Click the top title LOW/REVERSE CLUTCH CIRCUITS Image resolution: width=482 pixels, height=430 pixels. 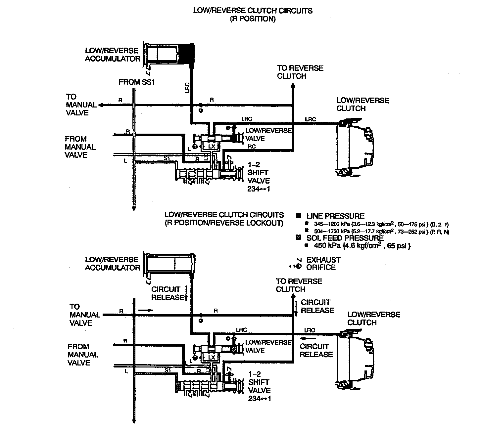[x=253, y=11]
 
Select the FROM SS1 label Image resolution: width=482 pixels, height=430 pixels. [x=137, y=82]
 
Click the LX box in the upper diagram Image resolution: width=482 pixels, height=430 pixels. [x=212, y=146]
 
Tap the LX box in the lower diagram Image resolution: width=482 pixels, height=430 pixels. [x=212, y=358]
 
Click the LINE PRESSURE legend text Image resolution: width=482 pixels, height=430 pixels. [x=335, y=216]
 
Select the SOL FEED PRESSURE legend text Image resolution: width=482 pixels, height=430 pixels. [x=345, y=238]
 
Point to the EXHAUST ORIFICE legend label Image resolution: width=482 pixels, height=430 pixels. [x=323, y=263]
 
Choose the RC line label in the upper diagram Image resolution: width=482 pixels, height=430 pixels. [x=252, y=147]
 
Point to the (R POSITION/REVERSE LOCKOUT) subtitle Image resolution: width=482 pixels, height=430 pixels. [x=224, y=223]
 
